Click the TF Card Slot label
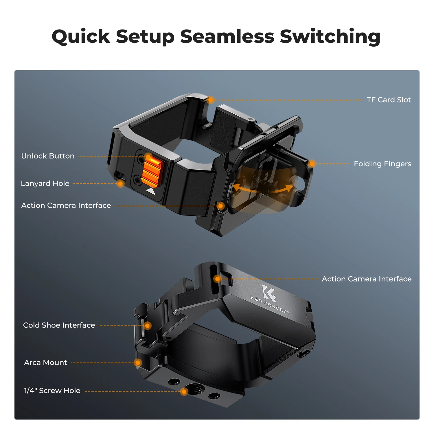pos(389,100)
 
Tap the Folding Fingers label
pos(382,164)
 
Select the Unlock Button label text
pos(48,156)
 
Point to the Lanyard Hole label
pos(45,183)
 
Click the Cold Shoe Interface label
pos(59,325)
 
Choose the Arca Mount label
pos(45,363)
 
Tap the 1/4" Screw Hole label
pos(52,391)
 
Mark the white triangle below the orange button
pos(151,191)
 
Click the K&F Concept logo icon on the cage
pos(269,293)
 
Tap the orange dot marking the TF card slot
pos(211,100)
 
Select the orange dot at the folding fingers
pos(312,163)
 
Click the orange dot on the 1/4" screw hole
pos(184,391)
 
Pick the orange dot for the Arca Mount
pos(138,363)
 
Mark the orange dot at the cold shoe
pos(147,325)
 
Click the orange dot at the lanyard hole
pos(120,183)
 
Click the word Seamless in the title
pos(227,37)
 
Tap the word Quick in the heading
pos(81,37)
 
